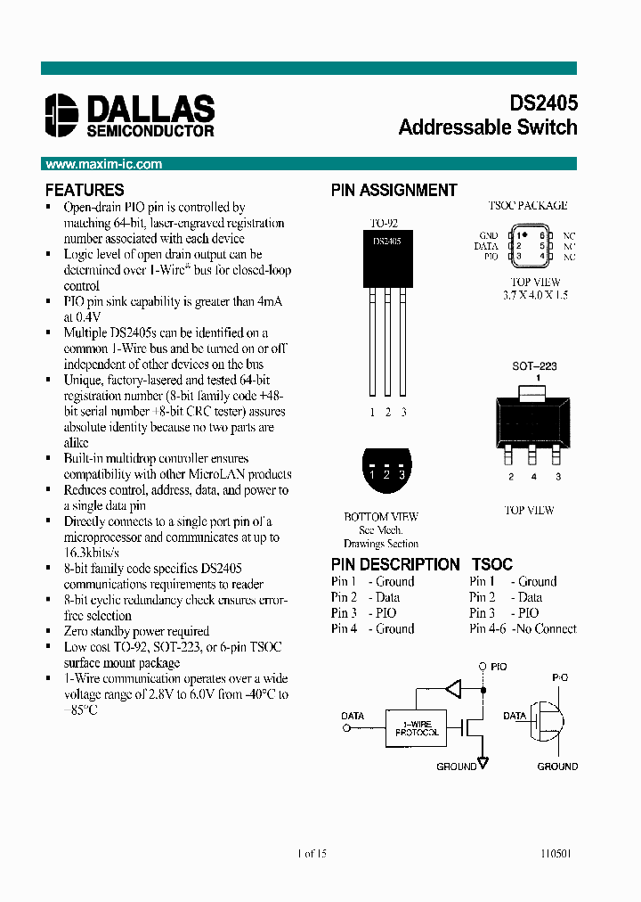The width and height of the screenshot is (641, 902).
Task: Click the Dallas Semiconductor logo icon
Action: [x=62, y=115]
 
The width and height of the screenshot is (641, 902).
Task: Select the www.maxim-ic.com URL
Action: [x=103, y=164]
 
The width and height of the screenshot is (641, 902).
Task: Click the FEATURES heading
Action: [x=85, y=190]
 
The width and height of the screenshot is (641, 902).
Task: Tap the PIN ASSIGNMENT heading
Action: [x=394, y=190]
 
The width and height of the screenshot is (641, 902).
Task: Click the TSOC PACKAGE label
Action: [x=527, y=205]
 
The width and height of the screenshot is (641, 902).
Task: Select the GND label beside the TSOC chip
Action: [x=488, y=235]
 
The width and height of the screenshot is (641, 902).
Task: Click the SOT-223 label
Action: [x=534, y=366]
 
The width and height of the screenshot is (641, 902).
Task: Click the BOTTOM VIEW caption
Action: [x=381, y=516]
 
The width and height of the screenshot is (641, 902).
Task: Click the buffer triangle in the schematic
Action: [x=454, y=688]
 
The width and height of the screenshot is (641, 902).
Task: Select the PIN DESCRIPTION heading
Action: [x=395, y=564]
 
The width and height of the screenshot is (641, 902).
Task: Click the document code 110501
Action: [x=556, y=853]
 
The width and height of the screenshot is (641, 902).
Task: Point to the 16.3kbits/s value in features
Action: [x=91, y=553]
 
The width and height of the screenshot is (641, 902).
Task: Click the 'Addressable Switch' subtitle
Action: [x=488, y=127]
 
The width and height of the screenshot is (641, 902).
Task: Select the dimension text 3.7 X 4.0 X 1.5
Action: [x=535, y=294]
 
